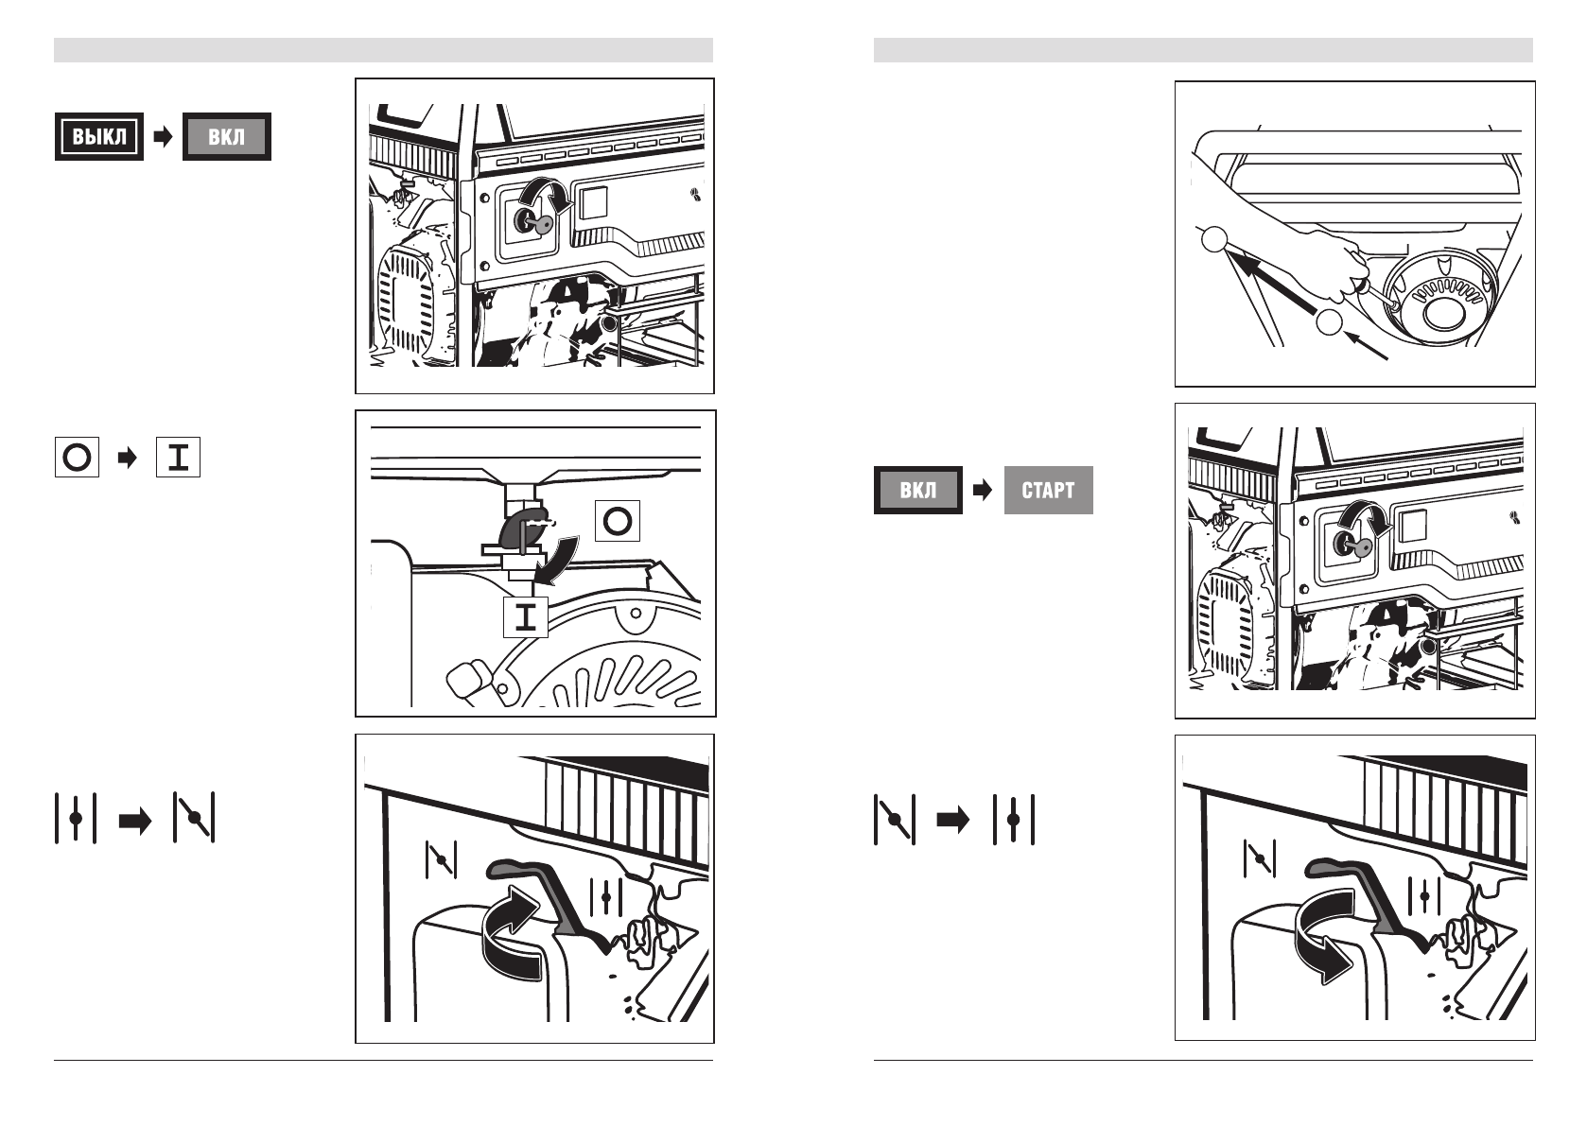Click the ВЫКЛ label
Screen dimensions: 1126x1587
[x=99, y=137]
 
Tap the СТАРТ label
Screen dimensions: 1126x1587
[x=1048, y=491]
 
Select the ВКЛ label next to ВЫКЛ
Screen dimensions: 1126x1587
[x=226, y=137]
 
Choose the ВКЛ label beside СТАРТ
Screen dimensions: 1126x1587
[x=917, y=491]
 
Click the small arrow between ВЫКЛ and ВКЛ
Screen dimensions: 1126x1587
[x=163, y=137]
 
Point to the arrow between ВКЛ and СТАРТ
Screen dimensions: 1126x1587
[x=983, y=491]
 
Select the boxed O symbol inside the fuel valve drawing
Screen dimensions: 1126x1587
[x=618, y=521]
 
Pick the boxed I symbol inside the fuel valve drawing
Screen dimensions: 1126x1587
[x=526, y=617]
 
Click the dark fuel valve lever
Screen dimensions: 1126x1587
[x=520, y=528]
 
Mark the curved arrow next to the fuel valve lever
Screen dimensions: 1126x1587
[x=554, y=557]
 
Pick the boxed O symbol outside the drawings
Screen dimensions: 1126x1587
[x=77, y=459]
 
